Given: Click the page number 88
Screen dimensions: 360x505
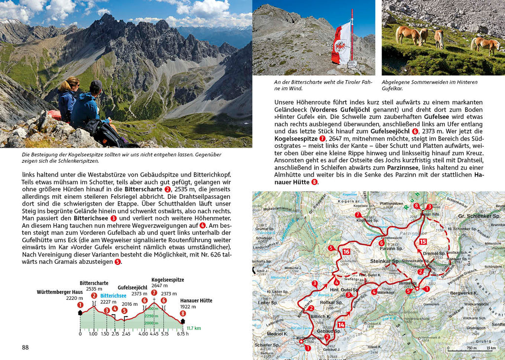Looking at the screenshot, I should click(x=26, y=347).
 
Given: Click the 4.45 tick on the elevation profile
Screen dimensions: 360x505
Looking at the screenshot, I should click(x=154, y=333).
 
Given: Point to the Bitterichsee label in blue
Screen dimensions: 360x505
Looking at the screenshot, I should click(x=113, y=295).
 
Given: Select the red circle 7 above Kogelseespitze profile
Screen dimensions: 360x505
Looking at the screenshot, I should click(x=154, y=293).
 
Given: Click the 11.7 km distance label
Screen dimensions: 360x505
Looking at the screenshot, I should click(x=193, y=328).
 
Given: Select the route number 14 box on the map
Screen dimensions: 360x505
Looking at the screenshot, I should click(x=341, y=324).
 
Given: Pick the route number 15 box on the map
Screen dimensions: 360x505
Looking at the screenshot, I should click(x=423, y=242).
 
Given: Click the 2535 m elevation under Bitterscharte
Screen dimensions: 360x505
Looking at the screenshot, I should click(x=94, y=289).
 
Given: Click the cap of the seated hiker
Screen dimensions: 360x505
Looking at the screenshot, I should click(x=96, y=85).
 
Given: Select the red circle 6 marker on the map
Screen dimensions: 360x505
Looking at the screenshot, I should click(x=381, y=243).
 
